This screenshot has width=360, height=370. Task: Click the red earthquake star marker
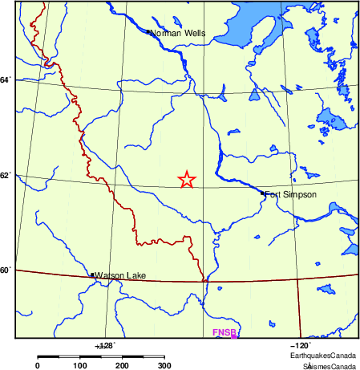(186, 180)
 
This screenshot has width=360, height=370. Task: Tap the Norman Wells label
(178, 34)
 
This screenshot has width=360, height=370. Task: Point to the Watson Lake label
(120, 276)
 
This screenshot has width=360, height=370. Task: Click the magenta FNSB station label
(222, 332)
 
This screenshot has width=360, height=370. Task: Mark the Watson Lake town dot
(93, 275)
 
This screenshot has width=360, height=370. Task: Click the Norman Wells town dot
(149, 32)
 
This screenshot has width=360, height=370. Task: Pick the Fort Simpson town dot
(263, 193)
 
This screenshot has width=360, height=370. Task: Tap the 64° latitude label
(6, 80)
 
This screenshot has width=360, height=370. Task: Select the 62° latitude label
(6, 175)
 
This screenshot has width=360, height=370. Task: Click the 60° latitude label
(6, 270)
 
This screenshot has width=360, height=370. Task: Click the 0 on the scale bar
(38, 365)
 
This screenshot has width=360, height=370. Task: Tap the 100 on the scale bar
(80, 365)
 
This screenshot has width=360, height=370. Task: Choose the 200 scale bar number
(123, 365)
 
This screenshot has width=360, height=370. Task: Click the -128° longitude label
(105, 344)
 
